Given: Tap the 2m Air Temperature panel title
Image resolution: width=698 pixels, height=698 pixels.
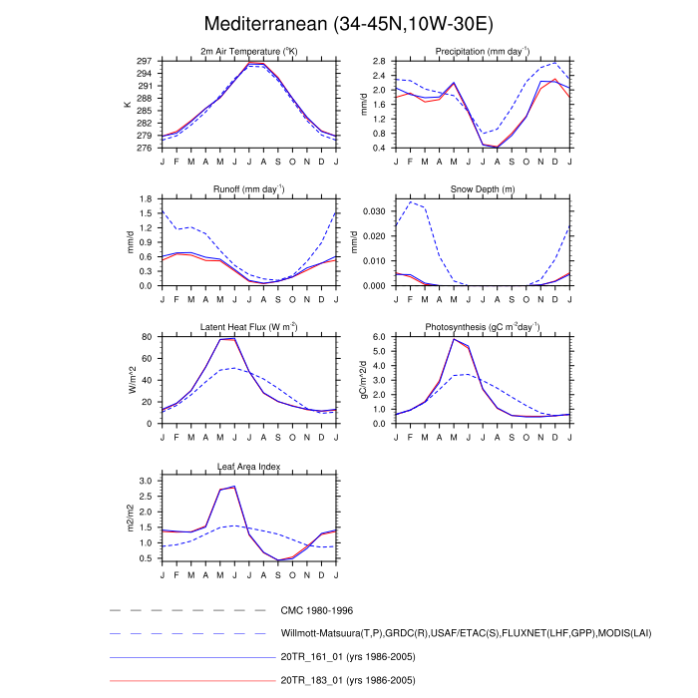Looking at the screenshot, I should (x=248, y=52).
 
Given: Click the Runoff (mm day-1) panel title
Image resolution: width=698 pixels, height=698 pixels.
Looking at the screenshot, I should (x=248, y=188).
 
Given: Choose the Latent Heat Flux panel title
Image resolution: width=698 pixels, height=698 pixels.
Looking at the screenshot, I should (x=248, y=327).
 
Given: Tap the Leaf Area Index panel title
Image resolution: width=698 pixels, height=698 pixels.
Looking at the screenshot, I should (x=248, y=466).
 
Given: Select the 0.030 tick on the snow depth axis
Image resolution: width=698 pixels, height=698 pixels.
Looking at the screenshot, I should (x=375, y=211).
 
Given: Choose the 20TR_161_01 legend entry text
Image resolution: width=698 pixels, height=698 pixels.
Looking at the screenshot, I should (x=349, y=656).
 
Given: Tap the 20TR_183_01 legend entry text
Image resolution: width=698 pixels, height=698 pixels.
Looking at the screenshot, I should (x=349, y=680).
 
